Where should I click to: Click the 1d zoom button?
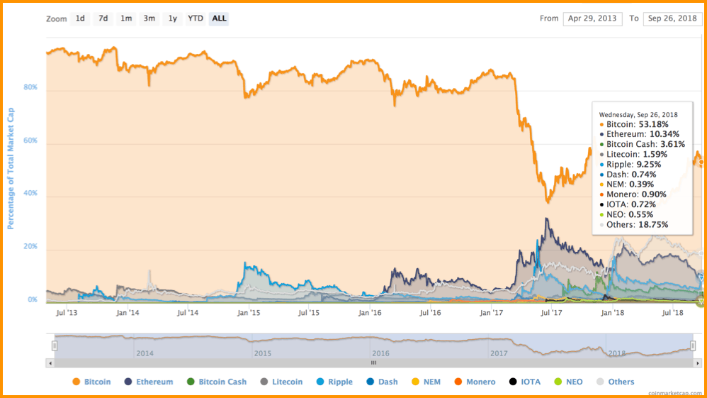[x=80, y=18]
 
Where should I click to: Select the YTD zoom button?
[x=195, y=18]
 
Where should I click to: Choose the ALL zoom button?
[x=219, y=18]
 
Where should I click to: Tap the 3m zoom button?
[x=149, y=18]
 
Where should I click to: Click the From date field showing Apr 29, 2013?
[x=593, y=18]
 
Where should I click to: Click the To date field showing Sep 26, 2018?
[x=672, y=18]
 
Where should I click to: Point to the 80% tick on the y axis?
[x=31, y=89]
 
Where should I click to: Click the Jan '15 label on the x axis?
[x=248, y=312]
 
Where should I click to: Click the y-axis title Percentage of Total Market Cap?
[x=11, y=168]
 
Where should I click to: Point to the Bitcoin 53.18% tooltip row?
[x=633, y=124]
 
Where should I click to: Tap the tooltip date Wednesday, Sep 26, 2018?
[x=638, y=114]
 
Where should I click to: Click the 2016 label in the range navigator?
[x=380, y=353]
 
